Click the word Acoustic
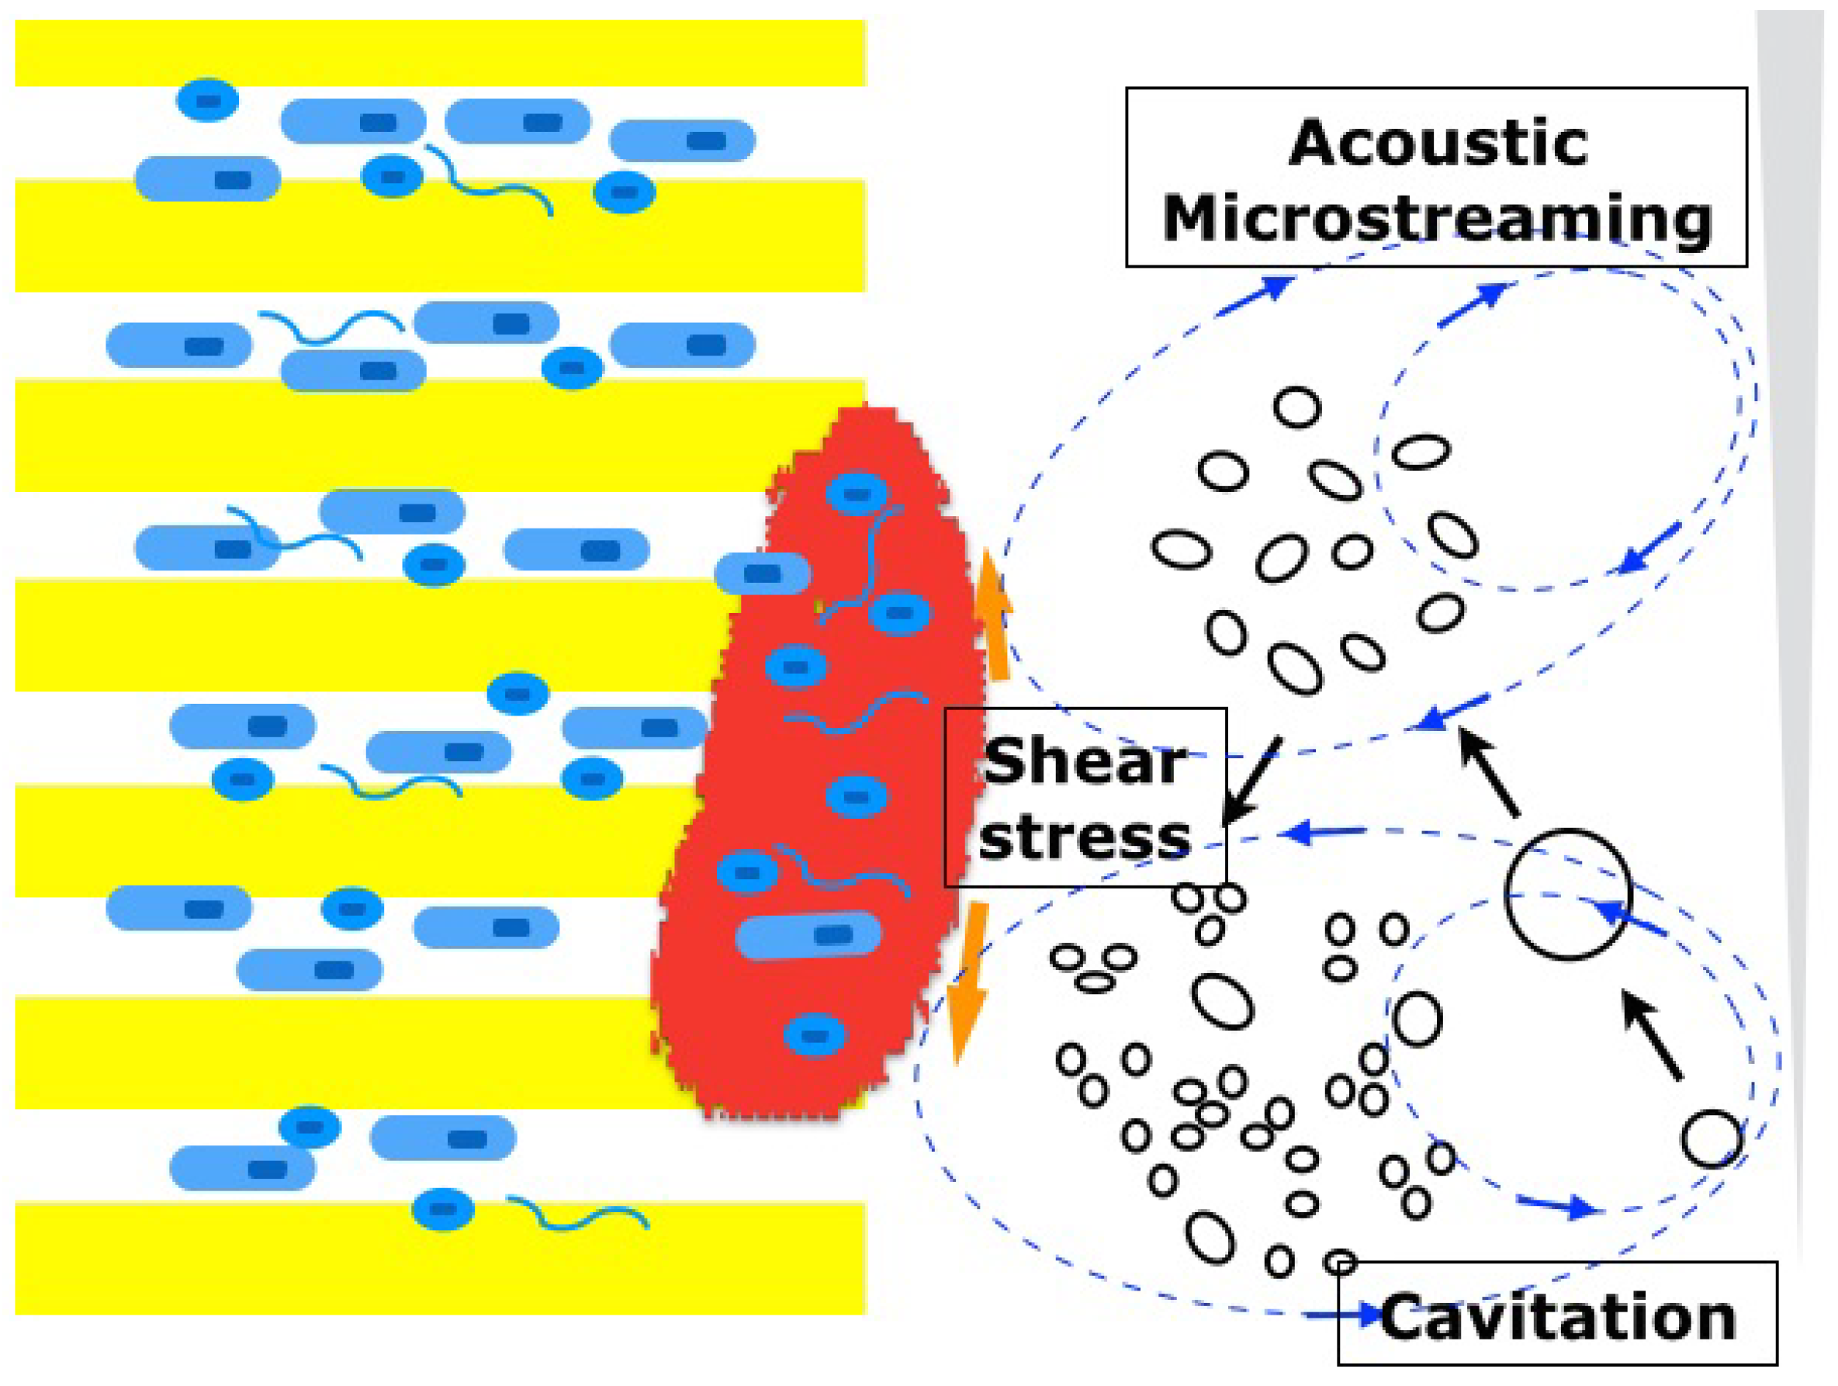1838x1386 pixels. [x=1437, y=144]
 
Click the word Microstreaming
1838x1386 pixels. [x=1437, y=219]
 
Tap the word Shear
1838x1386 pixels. [x=1085, y=761]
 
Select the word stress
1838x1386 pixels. [x=1085, y=837]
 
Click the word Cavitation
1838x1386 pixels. [x=1558, y=1318]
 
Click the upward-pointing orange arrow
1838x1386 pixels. [x=994, y=615]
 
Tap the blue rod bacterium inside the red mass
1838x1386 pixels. [x=808, y=935]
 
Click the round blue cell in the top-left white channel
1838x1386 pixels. [x=207, y=101]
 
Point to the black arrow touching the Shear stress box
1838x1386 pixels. [x=1253, y=780]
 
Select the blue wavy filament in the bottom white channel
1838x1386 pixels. [x=577, y=1214]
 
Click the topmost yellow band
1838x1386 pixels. [x=441, y=52]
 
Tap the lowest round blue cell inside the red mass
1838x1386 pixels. [x=815, y=1035]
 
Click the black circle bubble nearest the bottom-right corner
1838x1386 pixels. [x=1712, y=1138]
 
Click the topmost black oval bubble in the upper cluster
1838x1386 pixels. [x=1296, y=408]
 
